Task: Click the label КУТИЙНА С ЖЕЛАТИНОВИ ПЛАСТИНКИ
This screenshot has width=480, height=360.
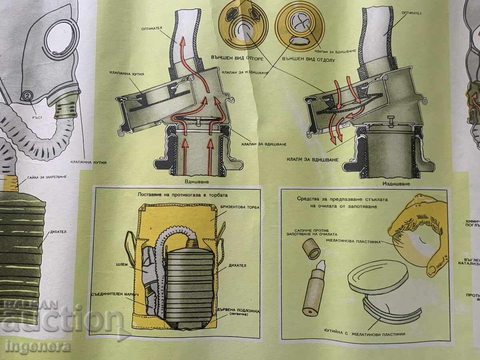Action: tap(365, 333)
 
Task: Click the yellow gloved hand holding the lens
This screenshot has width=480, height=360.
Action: tap(420, 224)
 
